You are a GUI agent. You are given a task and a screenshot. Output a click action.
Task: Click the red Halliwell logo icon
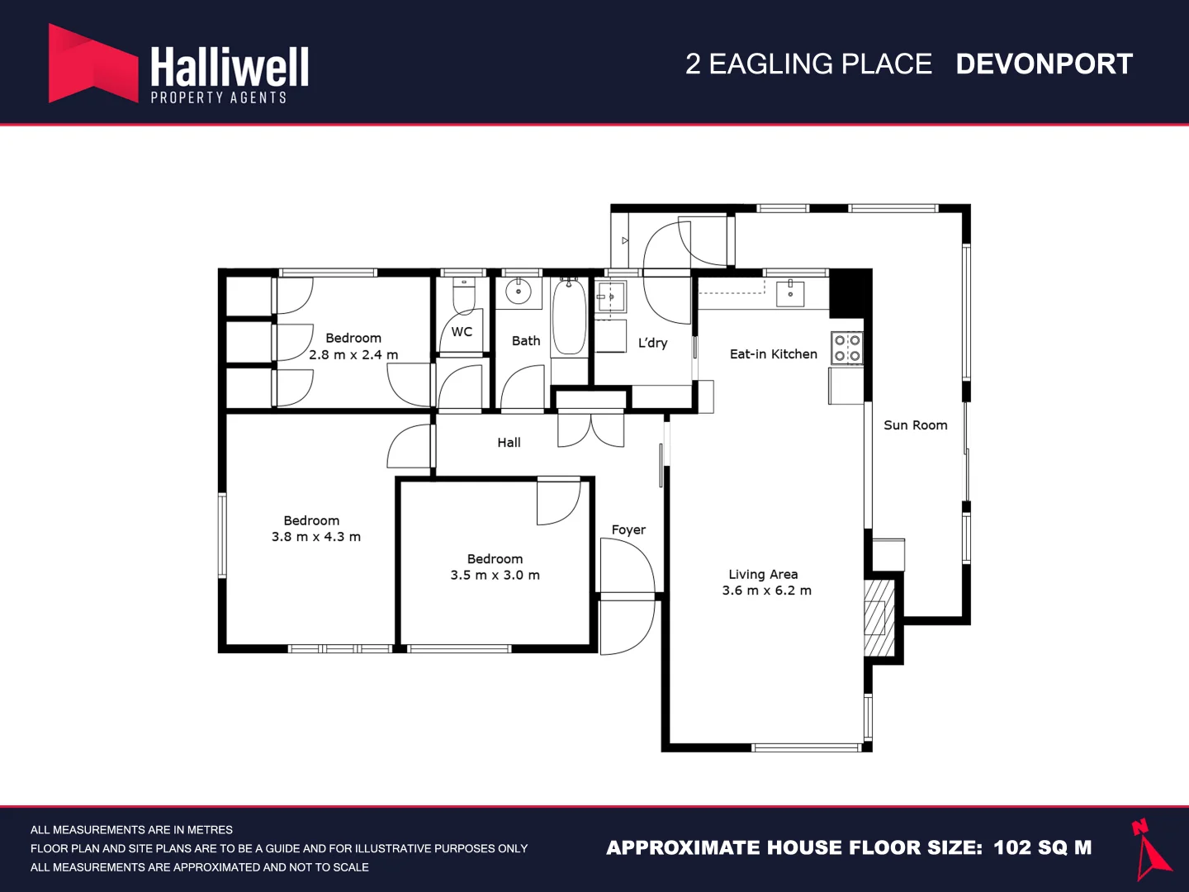[93, 63]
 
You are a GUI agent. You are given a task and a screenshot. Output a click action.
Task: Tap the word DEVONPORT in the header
[1044, 64]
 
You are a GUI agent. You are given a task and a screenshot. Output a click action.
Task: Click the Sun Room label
[916, 425]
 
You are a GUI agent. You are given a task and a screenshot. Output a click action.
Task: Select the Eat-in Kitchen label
[773, 354]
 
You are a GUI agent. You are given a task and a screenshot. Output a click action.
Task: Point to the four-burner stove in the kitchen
[846, 348]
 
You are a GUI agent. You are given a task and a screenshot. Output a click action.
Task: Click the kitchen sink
[790, 293]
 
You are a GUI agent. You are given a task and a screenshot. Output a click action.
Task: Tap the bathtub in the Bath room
[569, 317]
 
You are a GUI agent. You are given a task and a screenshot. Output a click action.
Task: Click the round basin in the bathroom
[519, 292]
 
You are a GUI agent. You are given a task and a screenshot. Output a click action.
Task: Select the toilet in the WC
[464, 296]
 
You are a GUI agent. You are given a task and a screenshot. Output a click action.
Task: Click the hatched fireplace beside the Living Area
[879, 618]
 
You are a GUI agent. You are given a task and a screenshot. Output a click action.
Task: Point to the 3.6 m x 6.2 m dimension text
[766, 591]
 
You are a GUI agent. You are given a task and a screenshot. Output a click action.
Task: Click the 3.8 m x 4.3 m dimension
[315, 537]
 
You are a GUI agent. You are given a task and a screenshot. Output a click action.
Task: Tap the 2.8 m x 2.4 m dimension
[353, 355]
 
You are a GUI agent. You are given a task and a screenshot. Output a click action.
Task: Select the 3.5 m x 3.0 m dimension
[495, 575]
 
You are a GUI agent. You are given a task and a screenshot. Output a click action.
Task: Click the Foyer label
[628, 529]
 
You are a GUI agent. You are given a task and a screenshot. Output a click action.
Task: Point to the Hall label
[509, 443]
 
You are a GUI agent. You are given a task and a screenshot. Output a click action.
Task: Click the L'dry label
[652, 343]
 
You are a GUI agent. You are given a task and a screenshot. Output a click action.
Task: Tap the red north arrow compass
[1150, 849]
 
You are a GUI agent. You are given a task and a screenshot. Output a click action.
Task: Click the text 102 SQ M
[1042, 847]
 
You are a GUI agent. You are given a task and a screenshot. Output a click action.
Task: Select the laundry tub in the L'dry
[611, 297]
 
